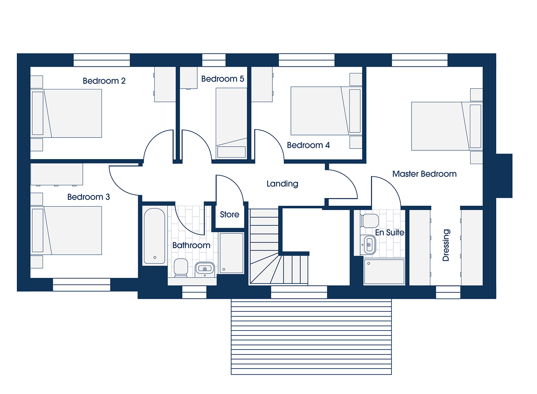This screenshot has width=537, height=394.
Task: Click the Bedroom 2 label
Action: coord(104,81)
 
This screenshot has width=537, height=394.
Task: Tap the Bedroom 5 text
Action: coord(222,79)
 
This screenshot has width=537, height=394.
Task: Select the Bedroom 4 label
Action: coord(308,145)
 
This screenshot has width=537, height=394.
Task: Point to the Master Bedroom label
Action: coord(424,174)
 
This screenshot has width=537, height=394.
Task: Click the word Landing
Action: coord(283,184)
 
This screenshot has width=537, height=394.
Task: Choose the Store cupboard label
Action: coord(229,214)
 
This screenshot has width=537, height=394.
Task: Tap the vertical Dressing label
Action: coord(446,245)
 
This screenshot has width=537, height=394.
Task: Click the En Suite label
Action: coord(390,232)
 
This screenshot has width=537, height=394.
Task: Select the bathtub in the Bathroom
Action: coord(155,236)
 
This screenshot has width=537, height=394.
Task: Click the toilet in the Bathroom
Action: coord(181,267)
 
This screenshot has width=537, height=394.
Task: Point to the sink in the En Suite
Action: coord(369,245)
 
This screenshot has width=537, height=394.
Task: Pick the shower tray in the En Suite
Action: coord(384,272)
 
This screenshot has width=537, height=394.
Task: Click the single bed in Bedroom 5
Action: coord(231,123)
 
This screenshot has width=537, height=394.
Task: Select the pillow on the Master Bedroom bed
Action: coord(475,126)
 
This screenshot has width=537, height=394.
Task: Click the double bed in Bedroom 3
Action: coord(66,230)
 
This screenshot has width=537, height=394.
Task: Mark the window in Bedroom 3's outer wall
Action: coord(82,285)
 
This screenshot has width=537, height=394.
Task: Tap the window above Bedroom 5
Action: coord(214,60)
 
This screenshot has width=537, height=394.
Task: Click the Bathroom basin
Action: coord(205,269)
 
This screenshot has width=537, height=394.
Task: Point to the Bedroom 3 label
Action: coord(89,197)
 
